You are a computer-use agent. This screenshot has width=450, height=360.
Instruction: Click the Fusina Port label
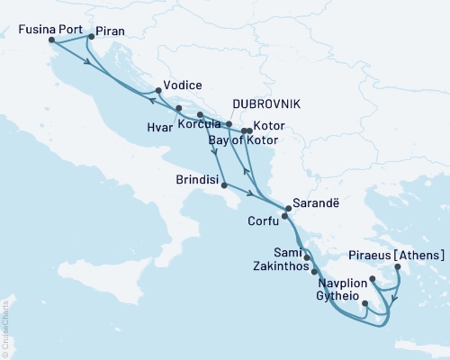point(50,29)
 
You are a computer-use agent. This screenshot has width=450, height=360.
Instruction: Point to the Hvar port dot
point(178,108)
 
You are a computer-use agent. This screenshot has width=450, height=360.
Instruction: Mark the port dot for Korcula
point(200,115)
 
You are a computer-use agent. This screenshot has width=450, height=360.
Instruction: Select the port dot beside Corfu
point(284,217)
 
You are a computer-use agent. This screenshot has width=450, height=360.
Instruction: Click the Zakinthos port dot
point(314,270)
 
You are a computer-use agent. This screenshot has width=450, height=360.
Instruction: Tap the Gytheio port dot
point(364,303)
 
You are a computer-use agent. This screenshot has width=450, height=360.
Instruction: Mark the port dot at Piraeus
point(397,266)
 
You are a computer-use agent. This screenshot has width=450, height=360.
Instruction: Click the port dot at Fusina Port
point(51,40)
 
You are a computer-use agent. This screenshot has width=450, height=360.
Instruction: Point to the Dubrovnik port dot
point(229,124)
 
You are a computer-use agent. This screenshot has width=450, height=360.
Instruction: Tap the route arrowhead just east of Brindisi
point(248,193)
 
